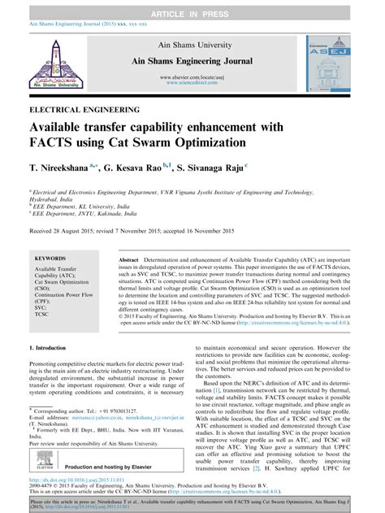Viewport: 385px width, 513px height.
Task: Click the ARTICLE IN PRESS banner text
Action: coord(192,7)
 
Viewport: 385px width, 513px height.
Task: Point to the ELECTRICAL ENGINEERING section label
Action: coord(84,108)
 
